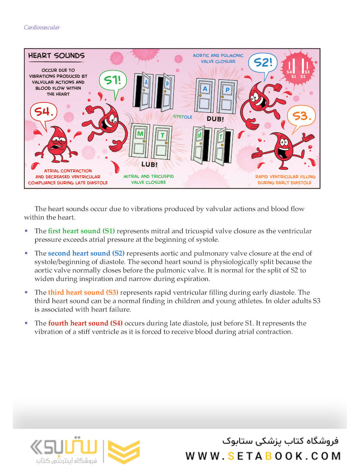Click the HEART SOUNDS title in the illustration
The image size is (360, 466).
56,56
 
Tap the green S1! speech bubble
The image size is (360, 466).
113,80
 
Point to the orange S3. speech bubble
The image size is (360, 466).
301,116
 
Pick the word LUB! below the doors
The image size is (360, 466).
149,164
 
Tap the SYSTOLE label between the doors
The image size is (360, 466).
183,117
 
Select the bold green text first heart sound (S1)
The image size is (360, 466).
81,231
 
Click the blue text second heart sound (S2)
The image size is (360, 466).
86,253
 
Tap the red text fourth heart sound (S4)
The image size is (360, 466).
85,323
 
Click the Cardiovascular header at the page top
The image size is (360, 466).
42,28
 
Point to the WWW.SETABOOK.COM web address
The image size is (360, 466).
263,456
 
